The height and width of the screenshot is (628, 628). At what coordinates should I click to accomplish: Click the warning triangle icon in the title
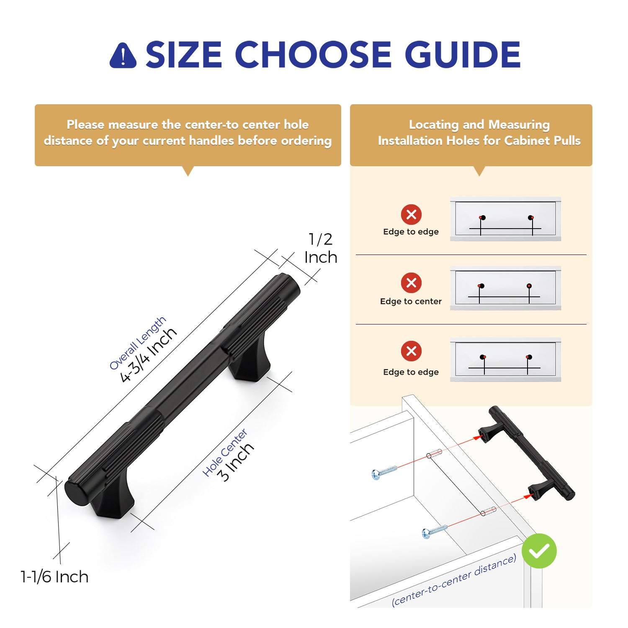click(123, 55)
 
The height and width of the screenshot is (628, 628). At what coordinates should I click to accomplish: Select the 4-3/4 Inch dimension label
click(148, 355)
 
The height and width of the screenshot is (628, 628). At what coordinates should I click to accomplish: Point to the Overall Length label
click(137, 343)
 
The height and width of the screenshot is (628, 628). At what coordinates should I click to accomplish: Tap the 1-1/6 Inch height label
click(54, 577)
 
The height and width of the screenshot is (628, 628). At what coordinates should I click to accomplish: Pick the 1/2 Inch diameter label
click(321, 248)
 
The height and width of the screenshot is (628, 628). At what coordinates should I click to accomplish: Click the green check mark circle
click(539, 551)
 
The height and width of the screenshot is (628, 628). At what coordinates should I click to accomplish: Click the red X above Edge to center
click(411, 283)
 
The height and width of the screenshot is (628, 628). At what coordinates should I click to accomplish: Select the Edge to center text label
click(411, 301)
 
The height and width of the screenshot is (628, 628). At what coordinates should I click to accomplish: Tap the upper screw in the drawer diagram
click(384, 472)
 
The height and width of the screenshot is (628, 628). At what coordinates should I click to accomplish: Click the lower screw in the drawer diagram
click(435, 531)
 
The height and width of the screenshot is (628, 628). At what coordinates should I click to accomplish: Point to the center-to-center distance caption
click(454, 580)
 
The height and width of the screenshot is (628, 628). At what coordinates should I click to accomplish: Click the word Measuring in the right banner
click(519, 125)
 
